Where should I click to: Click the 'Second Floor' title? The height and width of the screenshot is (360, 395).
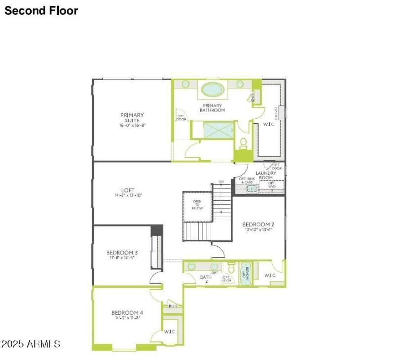click(41, 10)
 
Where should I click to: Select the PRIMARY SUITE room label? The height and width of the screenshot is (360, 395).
click(132, 118)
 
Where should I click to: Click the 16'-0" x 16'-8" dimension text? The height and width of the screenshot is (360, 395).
click(132, 126)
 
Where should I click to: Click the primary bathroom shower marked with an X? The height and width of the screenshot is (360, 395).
click(218, 131)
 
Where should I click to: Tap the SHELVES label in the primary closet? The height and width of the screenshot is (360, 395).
click(276, 112)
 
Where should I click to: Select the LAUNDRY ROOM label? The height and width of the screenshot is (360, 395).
click(266, 175)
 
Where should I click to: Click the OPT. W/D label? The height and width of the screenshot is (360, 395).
click(272, 184)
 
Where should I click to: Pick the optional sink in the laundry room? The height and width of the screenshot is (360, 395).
click(251, 188)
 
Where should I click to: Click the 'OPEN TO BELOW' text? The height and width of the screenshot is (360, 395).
click(197, 205)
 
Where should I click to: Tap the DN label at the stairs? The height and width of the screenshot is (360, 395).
click(221, 182)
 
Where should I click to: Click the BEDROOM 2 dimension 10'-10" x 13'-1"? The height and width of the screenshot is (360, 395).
click(259, 229)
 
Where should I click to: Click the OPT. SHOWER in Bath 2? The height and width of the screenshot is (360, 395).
click(245, 273)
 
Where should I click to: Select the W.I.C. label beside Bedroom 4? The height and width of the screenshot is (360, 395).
click(170, 332)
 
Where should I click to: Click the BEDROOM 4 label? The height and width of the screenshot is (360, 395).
click(127, 313)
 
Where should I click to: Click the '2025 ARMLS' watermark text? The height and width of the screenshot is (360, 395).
click(31, 343)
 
